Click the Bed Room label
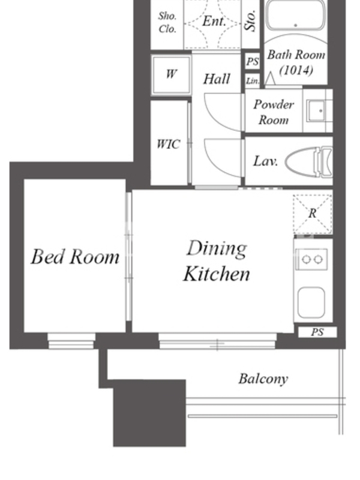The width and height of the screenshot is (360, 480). coord(75,257)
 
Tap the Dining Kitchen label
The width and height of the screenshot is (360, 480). coord(217,261)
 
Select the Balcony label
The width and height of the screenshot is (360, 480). coord(263,379)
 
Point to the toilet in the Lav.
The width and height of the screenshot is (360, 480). coord(308,161)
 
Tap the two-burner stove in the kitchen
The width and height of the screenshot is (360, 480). coord(311,260)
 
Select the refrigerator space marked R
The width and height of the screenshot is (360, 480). coord(312,214)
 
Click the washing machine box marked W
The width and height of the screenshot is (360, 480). coord(171,74)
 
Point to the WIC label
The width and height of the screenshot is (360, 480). coord(168,144)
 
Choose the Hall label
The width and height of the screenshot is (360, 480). coord(217,79)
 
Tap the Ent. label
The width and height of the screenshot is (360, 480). coord(214,22)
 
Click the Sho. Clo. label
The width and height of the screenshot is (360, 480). coord(167,22)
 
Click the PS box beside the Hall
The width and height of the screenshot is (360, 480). coord(253,62)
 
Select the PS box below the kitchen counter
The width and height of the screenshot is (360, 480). coord(317,332)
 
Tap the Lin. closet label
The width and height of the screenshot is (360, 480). coord(253,81)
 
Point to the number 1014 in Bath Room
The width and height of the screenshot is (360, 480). coord(296,70)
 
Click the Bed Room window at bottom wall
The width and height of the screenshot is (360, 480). coord(71,341)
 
